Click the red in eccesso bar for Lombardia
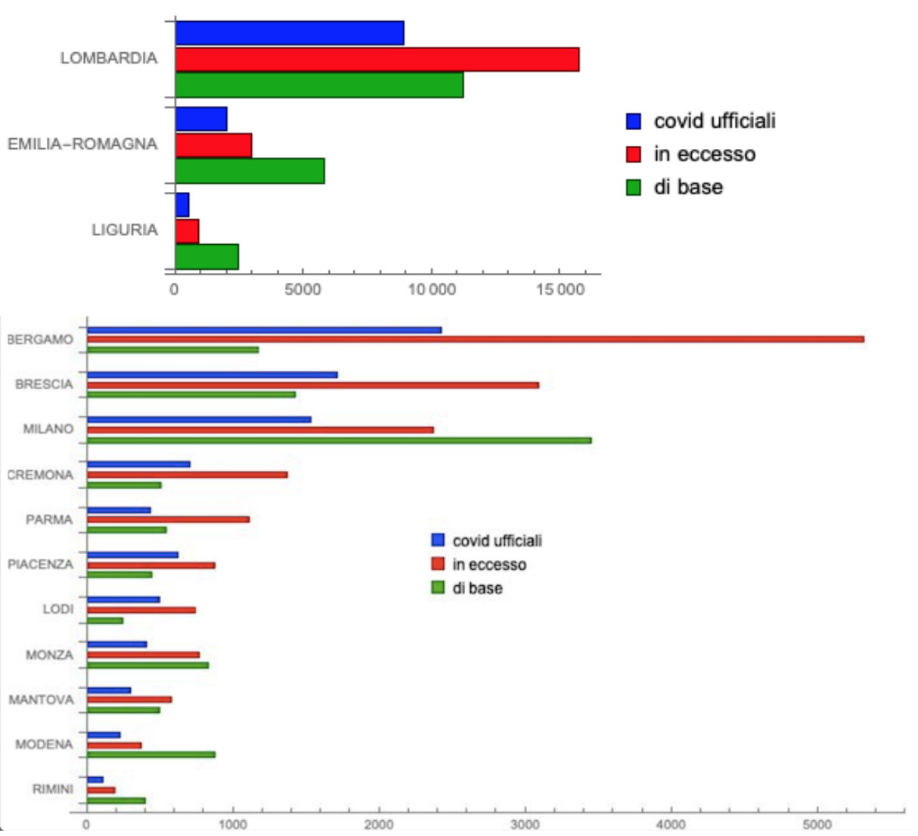tap(377, 60)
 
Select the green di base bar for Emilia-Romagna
tap(250, 171)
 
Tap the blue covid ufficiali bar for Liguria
tap(182, 205)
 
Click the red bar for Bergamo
tap(475, 339)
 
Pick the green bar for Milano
tap(339, 440)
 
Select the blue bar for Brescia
tap(212, 375)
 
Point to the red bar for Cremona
tap(187, 475)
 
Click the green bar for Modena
tap(150, 754)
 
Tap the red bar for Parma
tap(168, 519)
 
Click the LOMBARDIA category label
tap(109, 58)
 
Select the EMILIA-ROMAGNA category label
tap(82, 144)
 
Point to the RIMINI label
tap(52, 789)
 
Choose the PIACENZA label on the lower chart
tap(40, 565)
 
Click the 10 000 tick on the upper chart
tap(432, 290)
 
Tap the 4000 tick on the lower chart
tap(671, 825)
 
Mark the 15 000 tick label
tap(560, 290)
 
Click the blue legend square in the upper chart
tap(634, 121)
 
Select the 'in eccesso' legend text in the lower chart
tap(489, 565)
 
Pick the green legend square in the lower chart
tap(438, 587)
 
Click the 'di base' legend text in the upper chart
tap(688, 187)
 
